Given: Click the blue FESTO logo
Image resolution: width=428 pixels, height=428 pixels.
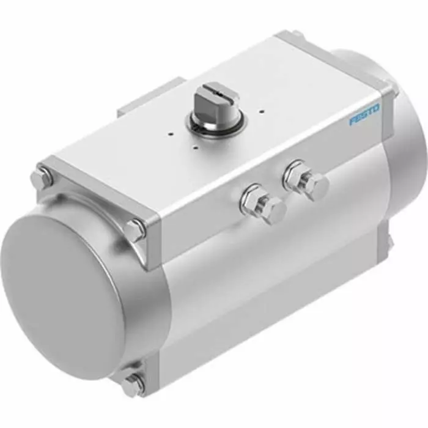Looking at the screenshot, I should click(x=364, y=114).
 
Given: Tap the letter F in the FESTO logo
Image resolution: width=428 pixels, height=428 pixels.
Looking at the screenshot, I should click(x=353, y=120).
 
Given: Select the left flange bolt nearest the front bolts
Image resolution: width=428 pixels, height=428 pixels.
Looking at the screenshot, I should click(x=135, y=229).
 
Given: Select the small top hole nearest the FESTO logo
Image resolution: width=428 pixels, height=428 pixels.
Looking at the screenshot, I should click(x=262, y=112).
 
